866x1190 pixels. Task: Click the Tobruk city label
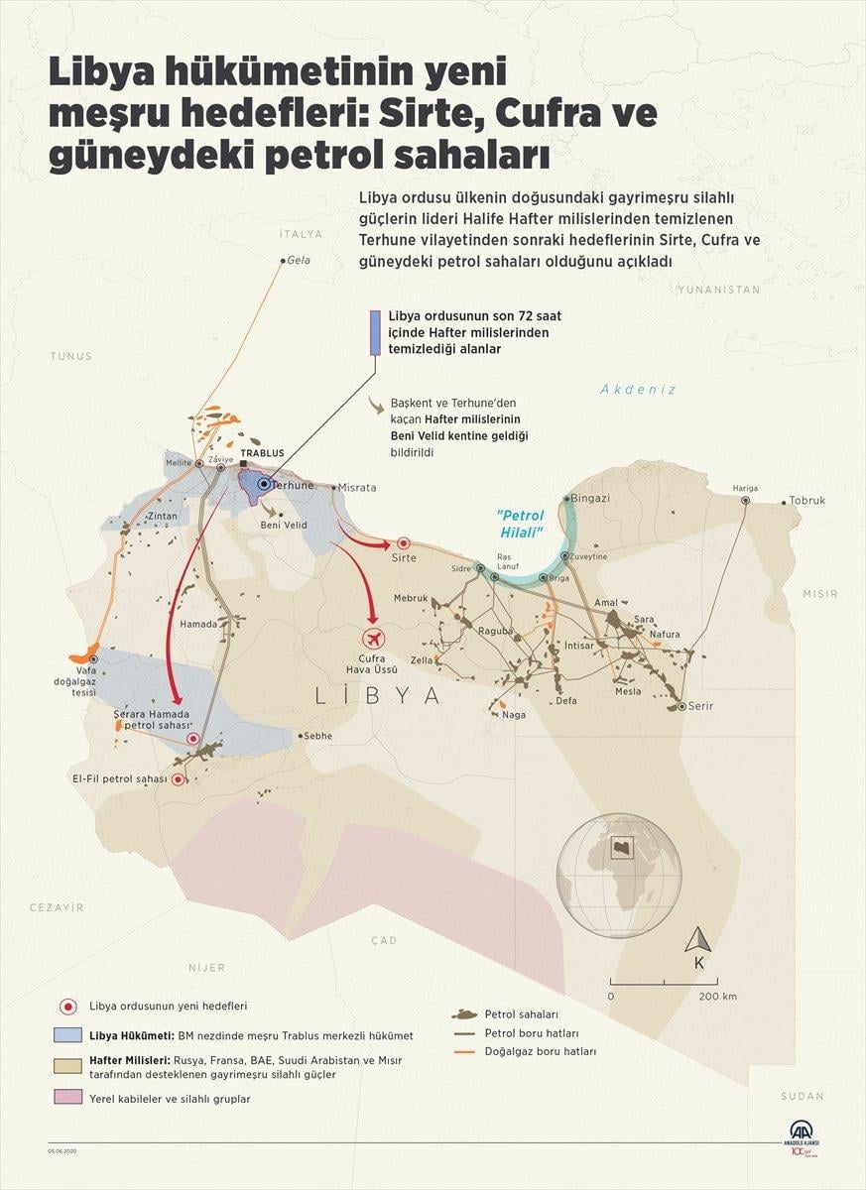pos(807,501)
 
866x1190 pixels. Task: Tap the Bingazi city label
pos(591,498)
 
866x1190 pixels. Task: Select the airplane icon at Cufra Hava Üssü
pos(373,637)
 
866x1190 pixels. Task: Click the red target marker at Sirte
pos(404,543)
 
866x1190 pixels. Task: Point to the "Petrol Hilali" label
pos(523,524)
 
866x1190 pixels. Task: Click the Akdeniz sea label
pos(638,390)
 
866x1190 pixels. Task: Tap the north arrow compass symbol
pos(699,941)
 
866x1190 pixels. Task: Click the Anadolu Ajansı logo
pos(801,1134)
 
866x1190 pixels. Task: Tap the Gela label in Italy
pos(299,260)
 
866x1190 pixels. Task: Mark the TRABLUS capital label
pos(262,453)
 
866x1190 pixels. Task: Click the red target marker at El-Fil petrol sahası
pos(178,779)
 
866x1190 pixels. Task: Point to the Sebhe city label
pos(319,736)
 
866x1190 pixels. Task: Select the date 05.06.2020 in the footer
pos(63,1150)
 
